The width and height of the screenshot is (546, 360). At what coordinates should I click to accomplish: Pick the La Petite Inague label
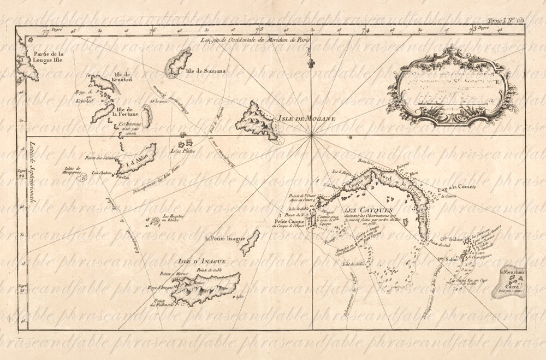click(x=222, y=239)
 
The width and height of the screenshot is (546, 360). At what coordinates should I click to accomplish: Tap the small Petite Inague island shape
click(x=250, y=241)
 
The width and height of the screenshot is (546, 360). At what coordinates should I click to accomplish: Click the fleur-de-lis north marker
click(x=312, y=64)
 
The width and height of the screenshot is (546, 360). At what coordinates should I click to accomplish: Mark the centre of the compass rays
click(x=311, y=134)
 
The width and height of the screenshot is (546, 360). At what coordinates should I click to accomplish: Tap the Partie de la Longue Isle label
click(x=48, y=57)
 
